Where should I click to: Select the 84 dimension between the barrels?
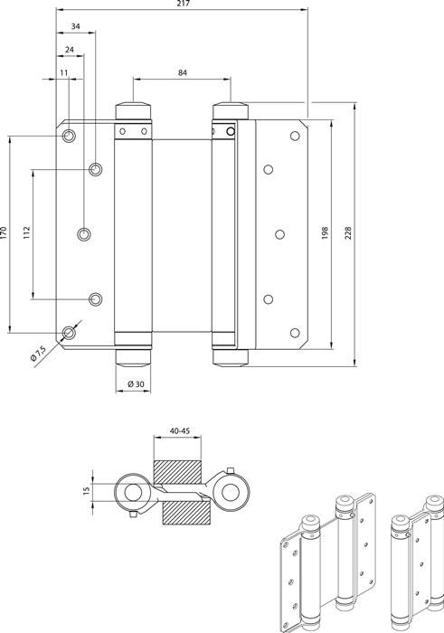(x=184, y=73)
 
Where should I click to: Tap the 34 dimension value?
(x=74, y=27)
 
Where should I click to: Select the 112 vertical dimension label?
(x=28, y=233)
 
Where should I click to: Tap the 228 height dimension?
(x=348, y=233)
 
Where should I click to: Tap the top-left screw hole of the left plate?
(x=70, y=136)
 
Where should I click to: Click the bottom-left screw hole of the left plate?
(x=70, y=332)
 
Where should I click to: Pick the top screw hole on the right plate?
(x=293, y=136)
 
